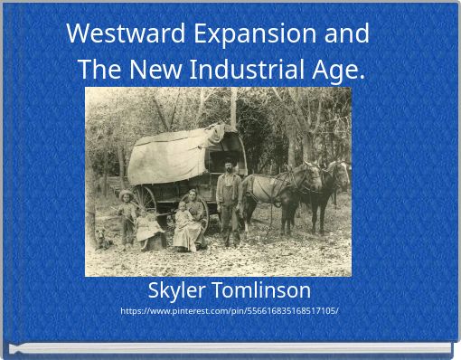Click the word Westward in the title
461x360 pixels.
click(115, 33)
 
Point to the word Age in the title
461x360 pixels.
click(343, 71)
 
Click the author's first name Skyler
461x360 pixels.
click(176, 290)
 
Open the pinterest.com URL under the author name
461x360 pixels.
click(230, 311)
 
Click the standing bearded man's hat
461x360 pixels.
click(230, 163)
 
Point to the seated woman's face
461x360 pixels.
click(191, 197)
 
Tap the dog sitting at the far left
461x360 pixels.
click(102, 238)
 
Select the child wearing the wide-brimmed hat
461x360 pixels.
click(127, 213)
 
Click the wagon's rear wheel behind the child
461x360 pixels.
click(146, 200)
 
